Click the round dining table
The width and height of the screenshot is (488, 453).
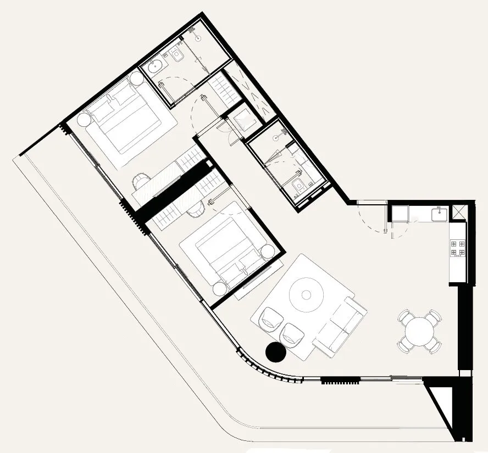pos(419,331)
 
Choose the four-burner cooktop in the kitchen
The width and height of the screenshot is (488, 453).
pos(457,247)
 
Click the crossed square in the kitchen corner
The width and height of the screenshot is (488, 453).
pos(458,211)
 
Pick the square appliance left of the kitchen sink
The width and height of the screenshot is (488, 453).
pos(399,214)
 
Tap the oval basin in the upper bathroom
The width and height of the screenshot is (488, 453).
pos(156,66)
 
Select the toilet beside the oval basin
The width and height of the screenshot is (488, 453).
pos(177,54)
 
